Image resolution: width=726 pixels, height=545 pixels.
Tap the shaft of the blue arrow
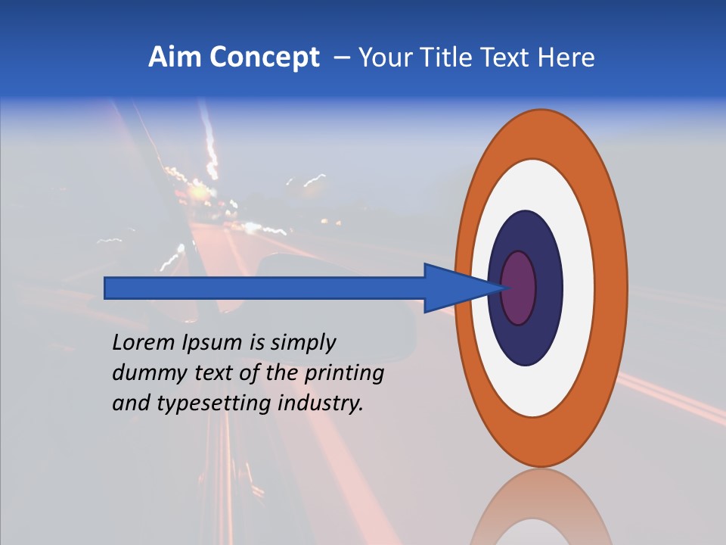click(x=265, y=288)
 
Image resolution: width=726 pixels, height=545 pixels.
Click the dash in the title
click(x=342, y=58)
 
